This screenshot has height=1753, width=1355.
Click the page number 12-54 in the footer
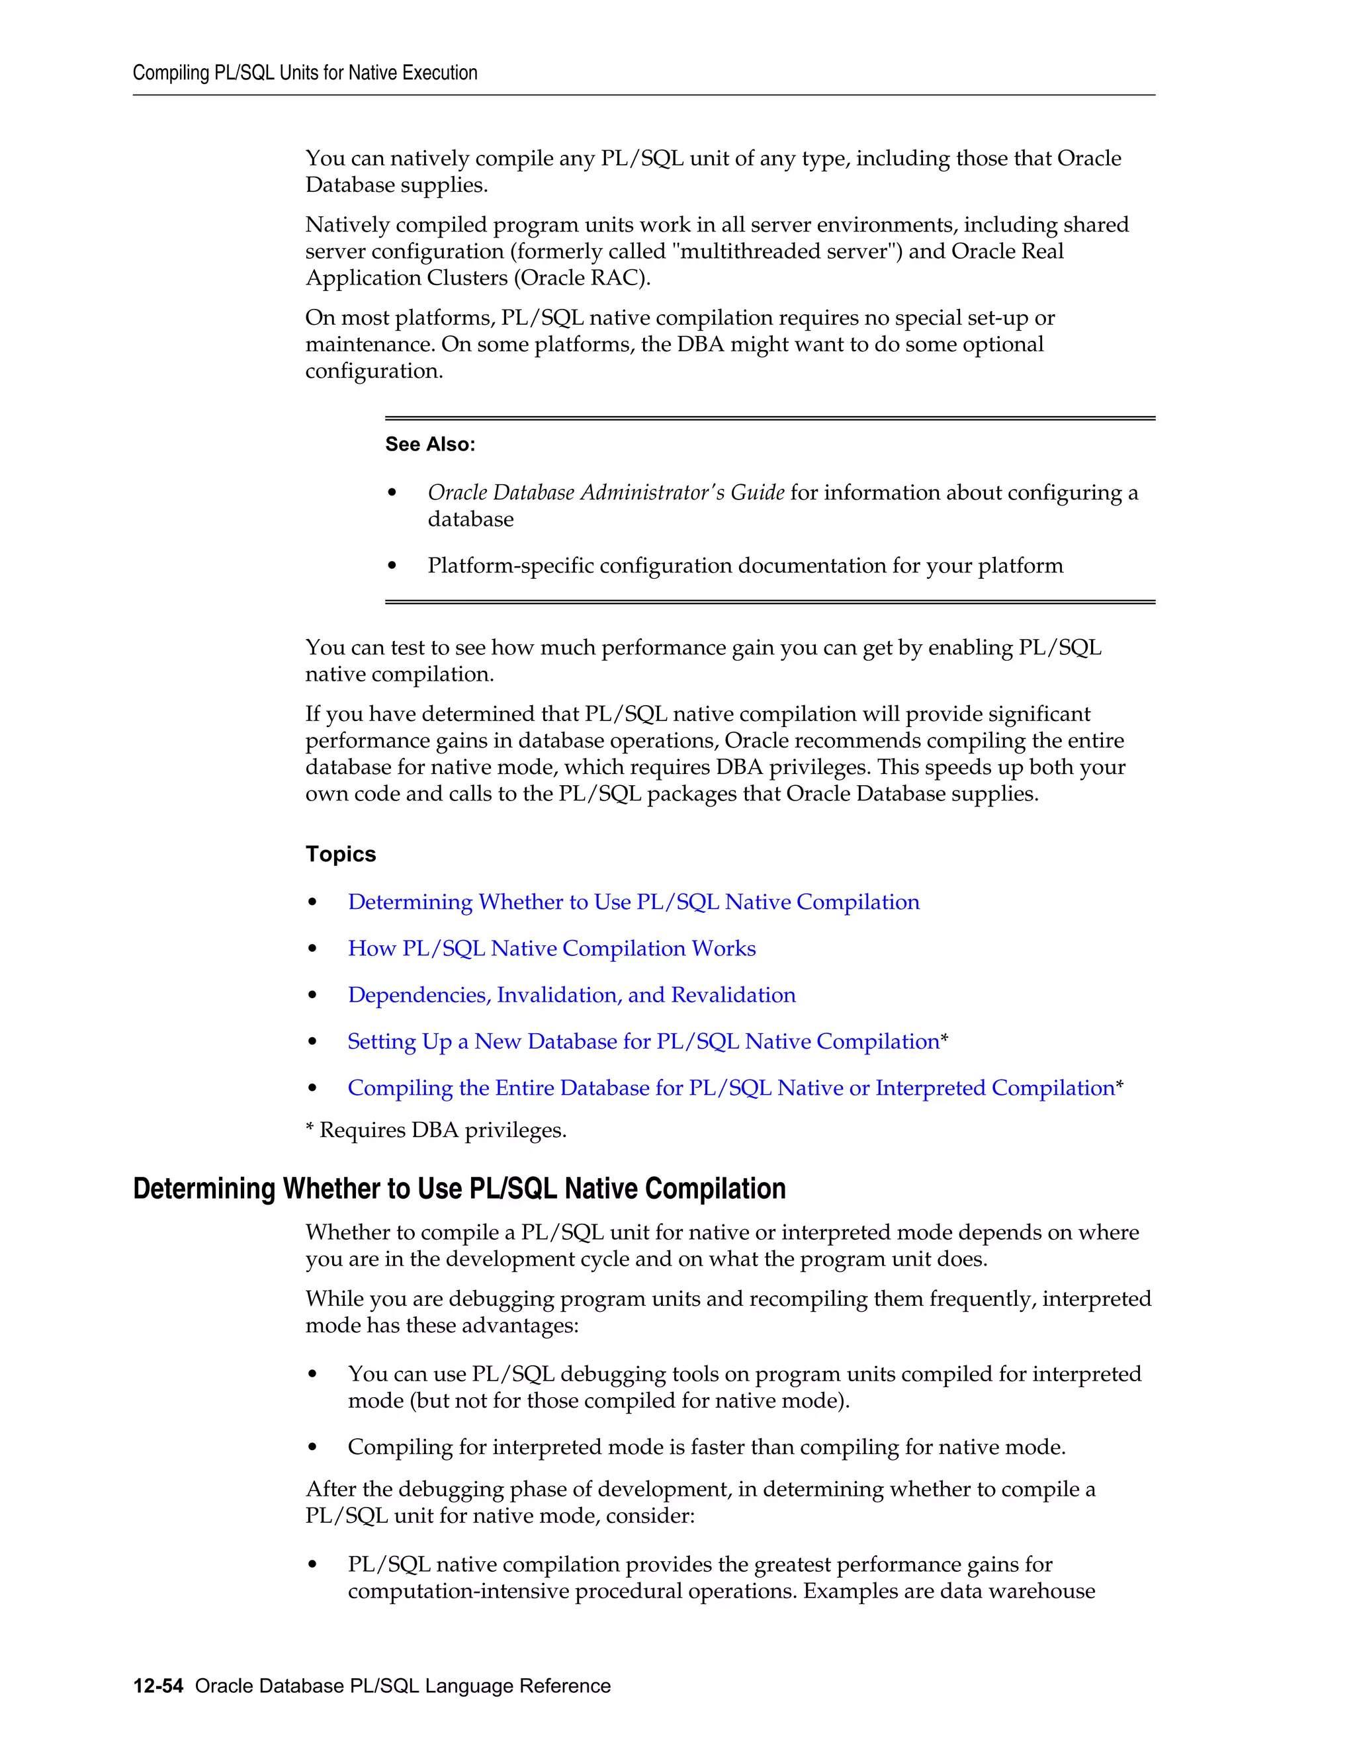pos(158,1686)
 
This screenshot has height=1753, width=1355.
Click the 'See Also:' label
pos(429,444)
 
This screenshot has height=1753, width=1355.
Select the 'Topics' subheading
pos(340,854)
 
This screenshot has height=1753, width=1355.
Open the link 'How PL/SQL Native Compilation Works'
pos(552,949)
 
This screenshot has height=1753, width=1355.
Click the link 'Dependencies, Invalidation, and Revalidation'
pos(572,996)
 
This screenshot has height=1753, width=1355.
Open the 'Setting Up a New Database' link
pos(643,1042)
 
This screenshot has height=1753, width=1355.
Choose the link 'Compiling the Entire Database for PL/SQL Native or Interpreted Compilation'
pos(730,1088)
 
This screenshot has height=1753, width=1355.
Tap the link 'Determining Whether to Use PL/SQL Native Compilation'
pos(633,902)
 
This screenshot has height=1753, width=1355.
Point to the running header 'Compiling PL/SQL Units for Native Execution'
pos(305,73)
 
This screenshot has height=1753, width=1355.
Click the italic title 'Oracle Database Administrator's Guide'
pos(605,493)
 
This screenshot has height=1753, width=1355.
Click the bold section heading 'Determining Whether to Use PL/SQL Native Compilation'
pos(459,1189)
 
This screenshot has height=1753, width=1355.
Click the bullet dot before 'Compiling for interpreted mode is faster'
pos(312,1448)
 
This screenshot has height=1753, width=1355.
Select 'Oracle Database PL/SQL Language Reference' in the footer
pos(402,1686)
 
